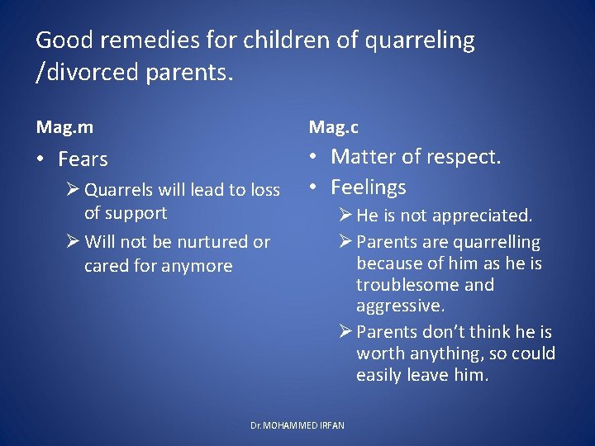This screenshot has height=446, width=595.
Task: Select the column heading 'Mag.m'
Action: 64,126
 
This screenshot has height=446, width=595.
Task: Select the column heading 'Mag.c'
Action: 333,126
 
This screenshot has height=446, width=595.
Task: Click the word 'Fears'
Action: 83,159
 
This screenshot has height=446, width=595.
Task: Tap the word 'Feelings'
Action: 369,187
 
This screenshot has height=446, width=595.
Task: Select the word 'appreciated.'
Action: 483,216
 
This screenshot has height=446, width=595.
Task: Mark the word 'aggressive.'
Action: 400,306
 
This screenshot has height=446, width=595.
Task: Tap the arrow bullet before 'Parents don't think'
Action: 345,332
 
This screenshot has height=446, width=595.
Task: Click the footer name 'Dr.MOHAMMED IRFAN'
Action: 297,425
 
